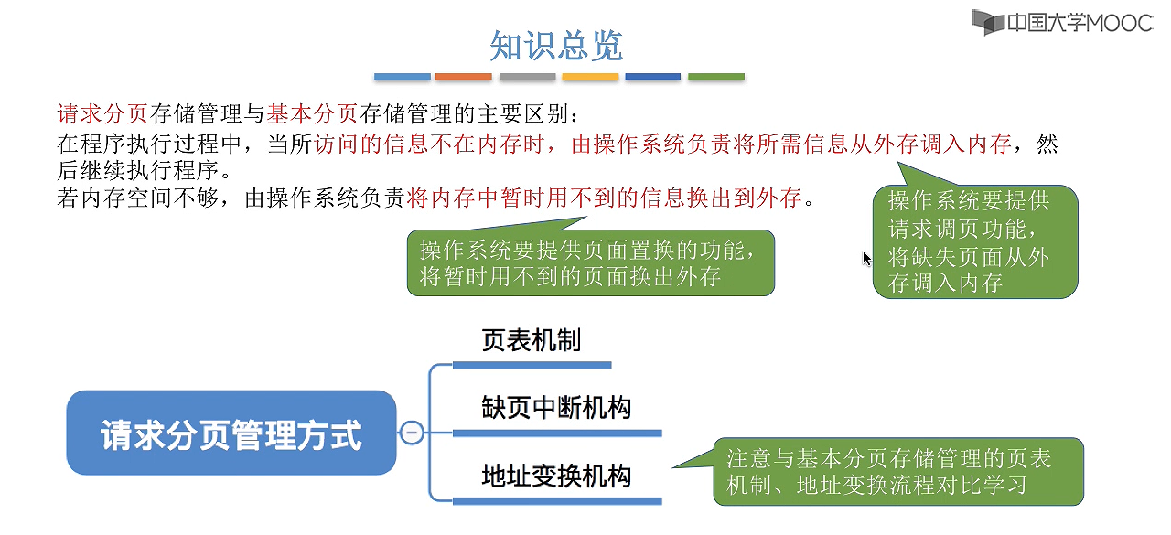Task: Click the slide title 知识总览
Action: coord(556,45)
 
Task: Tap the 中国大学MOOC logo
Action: coord(1061,22)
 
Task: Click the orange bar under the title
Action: coord(464,77)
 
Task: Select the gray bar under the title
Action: coord(527,77)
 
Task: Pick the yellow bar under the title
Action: coord(590,77)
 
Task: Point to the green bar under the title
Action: coord(715,77)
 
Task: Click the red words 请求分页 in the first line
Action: coord(102,114)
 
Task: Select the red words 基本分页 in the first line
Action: coord(312,114)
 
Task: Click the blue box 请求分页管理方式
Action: coord(231,433)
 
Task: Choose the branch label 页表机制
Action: coord(531,341)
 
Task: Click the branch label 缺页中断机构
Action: coord(556,408)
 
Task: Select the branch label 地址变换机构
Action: coord(556,476)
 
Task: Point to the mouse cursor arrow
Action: coord(867,259)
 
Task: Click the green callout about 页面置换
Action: coord(590,263)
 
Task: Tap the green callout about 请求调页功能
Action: coord(974,242)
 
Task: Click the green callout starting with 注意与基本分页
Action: coord(897,472)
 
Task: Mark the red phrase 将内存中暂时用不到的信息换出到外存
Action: coord(605,198)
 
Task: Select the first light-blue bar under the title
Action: coord(402,77)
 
